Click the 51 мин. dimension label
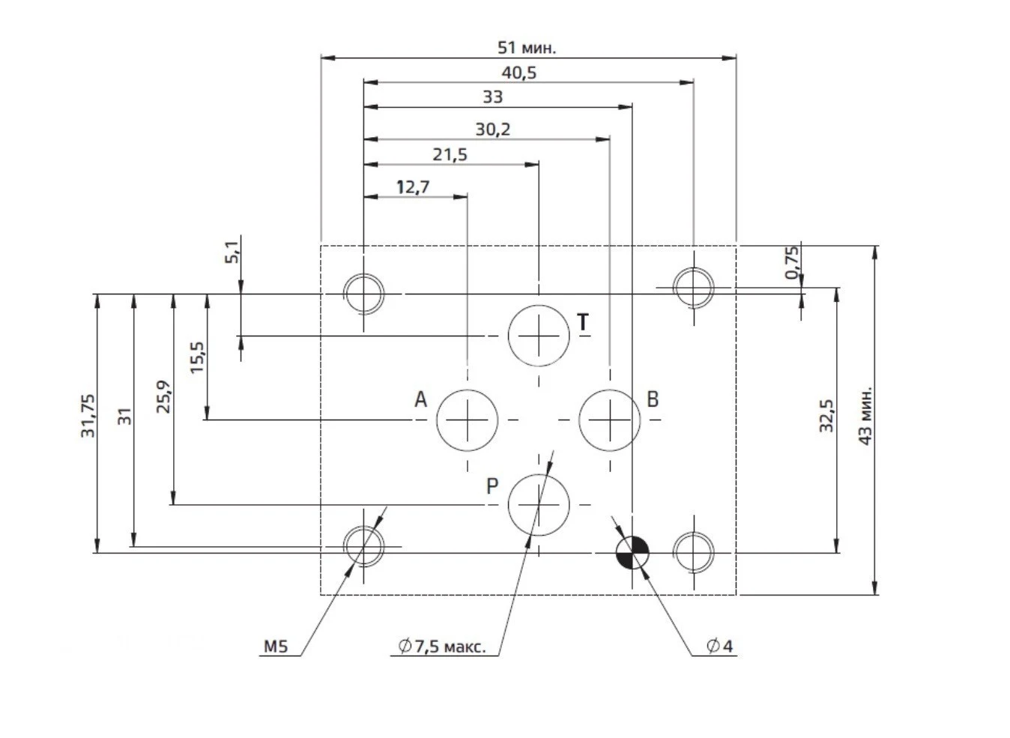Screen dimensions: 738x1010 click(x=527, y=48)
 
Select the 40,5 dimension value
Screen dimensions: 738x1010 click(x=518, y=73)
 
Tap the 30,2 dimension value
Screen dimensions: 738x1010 click(x=492, y=130)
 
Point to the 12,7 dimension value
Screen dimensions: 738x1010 click(x=413, y=187)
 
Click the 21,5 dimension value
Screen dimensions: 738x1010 click(x=450, y=155)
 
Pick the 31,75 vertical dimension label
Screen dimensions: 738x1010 click(x=88, y=416)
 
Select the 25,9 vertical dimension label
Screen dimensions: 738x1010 click(x=164, y=396)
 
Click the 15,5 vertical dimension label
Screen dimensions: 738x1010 click(x=196, y=357)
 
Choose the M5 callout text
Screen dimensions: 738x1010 click(x=275, y=646)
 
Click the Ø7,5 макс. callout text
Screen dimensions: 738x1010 click(x=442, y=646)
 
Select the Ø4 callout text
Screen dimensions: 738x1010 click(x=719, y=646)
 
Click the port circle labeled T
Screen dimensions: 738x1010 click(x=539, y=336)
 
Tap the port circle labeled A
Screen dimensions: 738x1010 click(x=467, y=420)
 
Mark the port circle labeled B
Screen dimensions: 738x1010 click(x=610, y=420)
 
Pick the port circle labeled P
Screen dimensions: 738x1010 click(x=539, y=505)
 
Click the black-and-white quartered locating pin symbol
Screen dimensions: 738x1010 click(x=632, y=554)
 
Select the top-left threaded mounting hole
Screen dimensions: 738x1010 click(x=363, y=291)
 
